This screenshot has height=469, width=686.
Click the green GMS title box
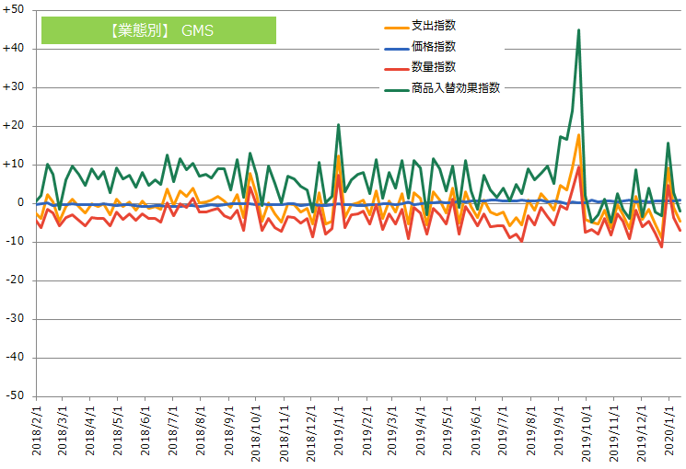tap(158, 30)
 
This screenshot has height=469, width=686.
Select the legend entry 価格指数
tap(434, 46)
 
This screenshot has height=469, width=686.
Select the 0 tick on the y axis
tap(21, 202)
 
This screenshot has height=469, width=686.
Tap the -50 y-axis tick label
tap(17, 395)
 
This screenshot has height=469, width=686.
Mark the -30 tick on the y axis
tap(17, 318)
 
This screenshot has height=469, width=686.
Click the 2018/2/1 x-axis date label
tap(38, 431)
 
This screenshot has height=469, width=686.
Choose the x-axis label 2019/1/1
tap(338, 431)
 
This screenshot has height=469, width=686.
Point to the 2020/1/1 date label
tap(669, 431)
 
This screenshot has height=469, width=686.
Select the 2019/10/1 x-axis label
tap(587, 431)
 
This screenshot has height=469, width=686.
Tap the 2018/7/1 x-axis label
tap(172, 431)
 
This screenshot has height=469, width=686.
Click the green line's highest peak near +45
tap(578, 30)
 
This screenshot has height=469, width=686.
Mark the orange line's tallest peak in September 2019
tap(578, 135)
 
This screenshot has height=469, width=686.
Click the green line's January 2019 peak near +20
tap(339, 125)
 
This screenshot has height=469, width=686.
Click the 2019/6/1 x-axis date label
tap(476, 431)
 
